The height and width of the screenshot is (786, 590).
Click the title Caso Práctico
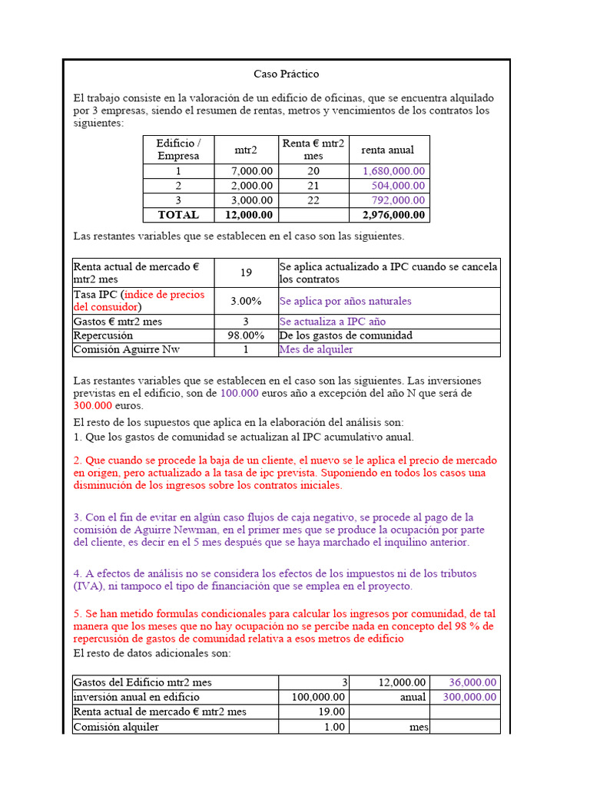click(x=286, y=74)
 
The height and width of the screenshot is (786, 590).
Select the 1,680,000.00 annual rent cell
click(x=394, y=171)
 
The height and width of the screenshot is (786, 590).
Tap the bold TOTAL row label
click(x=178, y=215)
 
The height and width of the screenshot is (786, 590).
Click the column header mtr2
click(x=246, y=150)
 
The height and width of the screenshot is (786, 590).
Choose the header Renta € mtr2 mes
click(x=313, y=150)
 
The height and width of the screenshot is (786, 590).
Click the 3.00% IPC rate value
click(x=246, y=301)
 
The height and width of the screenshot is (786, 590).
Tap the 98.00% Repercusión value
click(x=246, y=335)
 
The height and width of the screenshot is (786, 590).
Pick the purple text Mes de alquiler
click(x=317, y=349)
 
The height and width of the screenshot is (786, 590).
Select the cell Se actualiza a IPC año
click(x=333, y=322)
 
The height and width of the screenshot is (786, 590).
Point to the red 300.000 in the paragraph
click(x=92, y=405)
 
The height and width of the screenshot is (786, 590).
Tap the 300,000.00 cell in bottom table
click(x=470, y=697)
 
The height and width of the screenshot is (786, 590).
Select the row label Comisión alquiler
click(x=116, y=726)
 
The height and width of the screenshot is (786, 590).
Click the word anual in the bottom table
click(x=413, y=697)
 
